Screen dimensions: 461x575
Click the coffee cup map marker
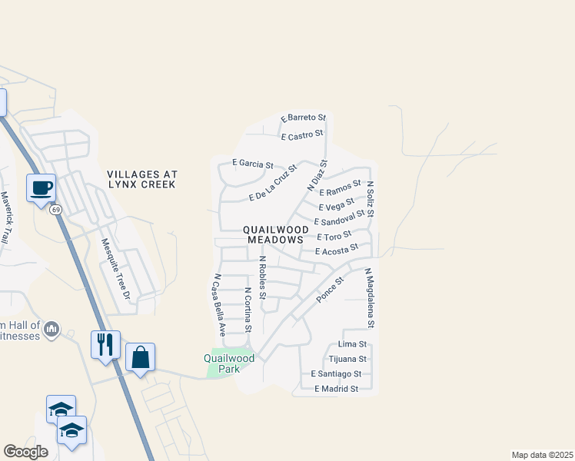(x=42, y=187)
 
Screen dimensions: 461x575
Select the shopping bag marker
(x=140, y=357)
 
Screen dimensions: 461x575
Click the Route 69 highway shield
(x=56, y=210)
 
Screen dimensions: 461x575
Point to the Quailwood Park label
(x=229, y=363)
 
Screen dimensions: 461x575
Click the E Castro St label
(x=301, y=137)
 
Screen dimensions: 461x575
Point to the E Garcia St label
(x=252, y=164)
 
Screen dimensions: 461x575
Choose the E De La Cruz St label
(x=273, y=189)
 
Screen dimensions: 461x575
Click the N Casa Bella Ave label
(x=219, y=306)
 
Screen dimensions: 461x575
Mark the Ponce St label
(x=330, y=288)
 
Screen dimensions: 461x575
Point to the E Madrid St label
(x=337, y=389)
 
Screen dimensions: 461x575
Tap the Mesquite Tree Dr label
(x=117, y=269)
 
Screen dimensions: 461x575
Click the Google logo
(x=26, y=452)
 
